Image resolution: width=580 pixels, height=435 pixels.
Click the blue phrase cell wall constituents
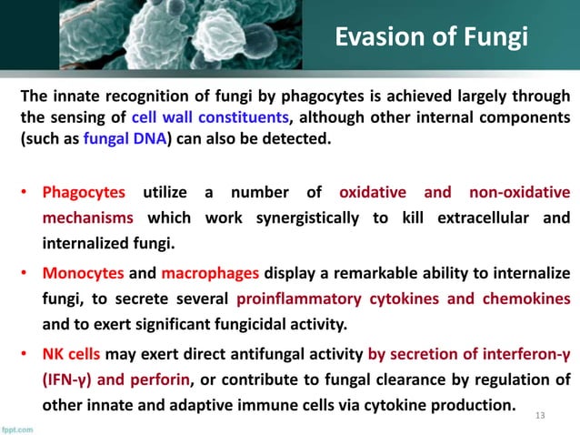(x=211, y=119)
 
